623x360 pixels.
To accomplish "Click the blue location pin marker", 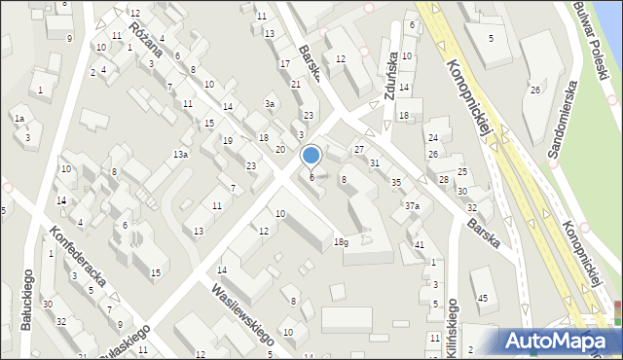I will click(x=311, y=156).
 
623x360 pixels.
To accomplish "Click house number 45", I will click(x=483, y=298).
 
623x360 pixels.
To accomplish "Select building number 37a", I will click(x=413, y=205).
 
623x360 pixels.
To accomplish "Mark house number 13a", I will click(x=181, y=155).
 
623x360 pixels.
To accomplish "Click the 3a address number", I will click(x=270, y=104).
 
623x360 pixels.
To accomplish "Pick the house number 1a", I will click(x=18, y=119).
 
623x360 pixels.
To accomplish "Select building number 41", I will click(x=420, y=244).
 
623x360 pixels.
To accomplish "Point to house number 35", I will click(x=395, y=182).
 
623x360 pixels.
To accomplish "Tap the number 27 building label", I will click(x=359, y=149).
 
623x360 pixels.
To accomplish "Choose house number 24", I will click(x=433, y=137).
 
